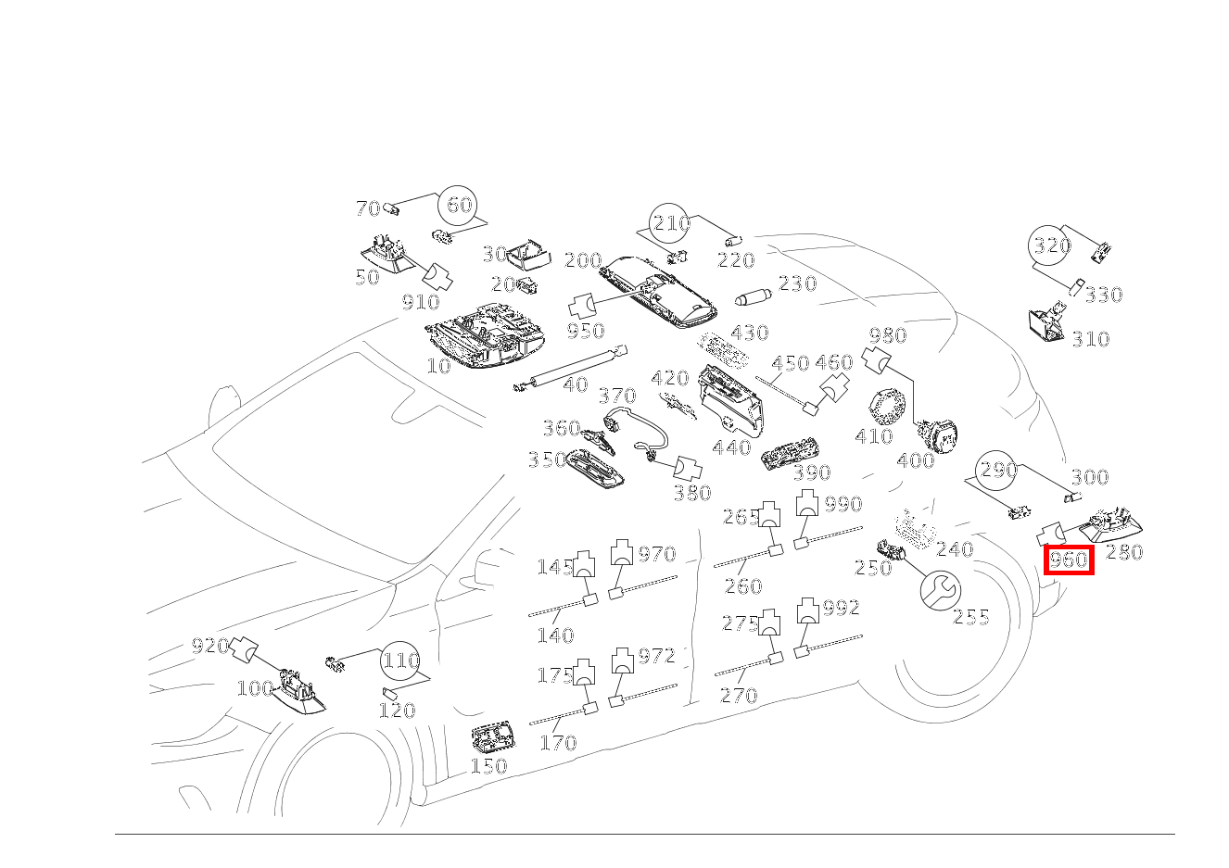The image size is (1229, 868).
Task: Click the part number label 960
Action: point(1068,560)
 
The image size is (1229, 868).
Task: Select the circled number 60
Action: point(460,205)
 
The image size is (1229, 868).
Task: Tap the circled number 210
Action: point(670,223)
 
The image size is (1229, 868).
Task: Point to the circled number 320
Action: point(1052,245)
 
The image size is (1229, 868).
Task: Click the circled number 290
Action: point(998,470)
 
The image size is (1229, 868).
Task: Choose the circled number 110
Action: point(401,660)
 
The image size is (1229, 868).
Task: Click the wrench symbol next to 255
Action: point(940,589)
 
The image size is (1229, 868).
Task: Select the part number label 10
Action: point(438,366)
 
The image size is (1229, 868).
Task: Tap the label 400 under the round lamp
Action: point(915,460)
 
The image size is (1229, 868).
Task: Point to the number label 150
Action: point(488,766)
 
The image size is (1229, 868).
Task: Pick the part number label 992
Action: point(841,608)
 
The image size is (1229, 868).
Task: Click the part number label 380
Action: point(691,493)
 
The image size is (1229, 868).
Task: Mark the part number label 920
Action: point(209,646)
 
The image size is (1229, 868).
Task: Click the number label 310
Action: point(1090,339)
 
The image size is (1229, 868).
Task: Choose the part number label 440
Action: point(731,448)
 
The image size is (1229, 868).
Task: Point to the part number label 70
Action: point(368,208)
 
